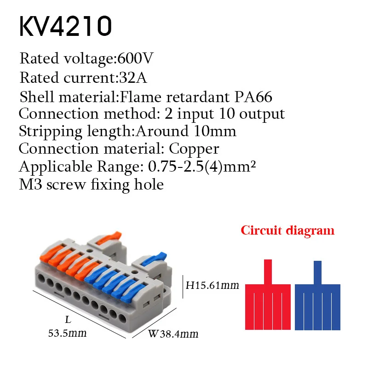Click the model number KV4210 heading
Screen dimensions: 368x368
[x=65, y=27]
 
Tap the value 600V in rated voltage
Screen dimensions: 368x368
[x=135, y=59]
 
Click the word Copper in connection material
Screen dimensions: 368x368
[x=194, y=149]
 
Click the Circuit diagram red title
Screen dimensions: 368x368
[x=287, y=230]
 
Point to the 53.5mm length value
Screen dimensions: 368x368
[x=68, y=333]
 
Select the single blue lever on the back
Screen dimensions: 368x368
[x=154, y=259]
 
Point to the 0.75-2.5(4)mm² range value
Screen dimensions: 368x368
[x=201, y=167]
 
